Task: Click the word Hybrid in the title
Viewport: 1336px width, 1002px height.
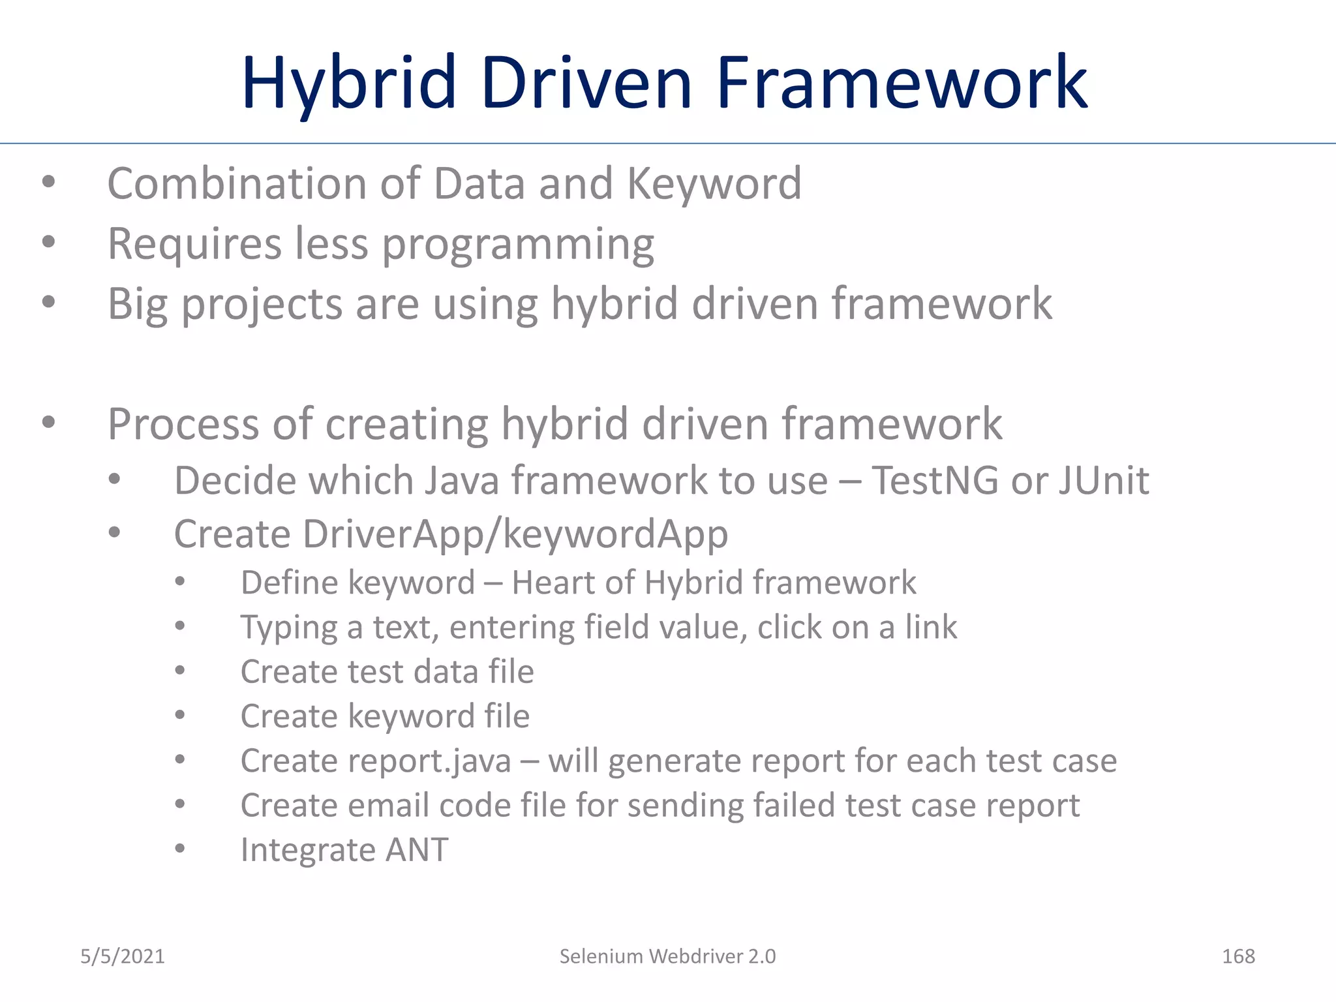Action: pos(349,83)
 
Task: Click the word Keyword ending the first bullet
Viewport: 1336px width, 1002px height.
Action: pos(714,185)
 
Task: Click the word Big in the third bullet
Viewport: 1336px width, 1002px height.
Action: pos(138,305)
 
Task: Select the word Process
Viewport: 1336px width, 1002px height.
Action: pos(183,424)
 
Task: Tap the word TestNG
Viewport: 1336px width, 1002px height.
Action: pos(935,481)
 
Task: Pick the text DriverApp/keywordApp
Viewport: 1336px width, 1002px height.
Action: pos(515,535)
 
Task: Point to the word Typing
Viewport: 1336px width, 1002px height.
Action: pos(288,628)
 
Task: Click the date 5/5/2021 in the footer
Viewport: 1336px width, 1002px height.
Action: pos(123,956)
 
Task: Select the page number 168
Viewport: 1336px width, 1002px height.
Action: pos(1237,956)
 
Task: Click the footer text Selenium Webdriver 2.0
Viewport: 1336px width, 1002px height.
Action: pos(667,956)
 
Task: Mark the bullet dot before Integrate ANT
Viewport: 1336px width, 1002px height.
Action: pos(181,849)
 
